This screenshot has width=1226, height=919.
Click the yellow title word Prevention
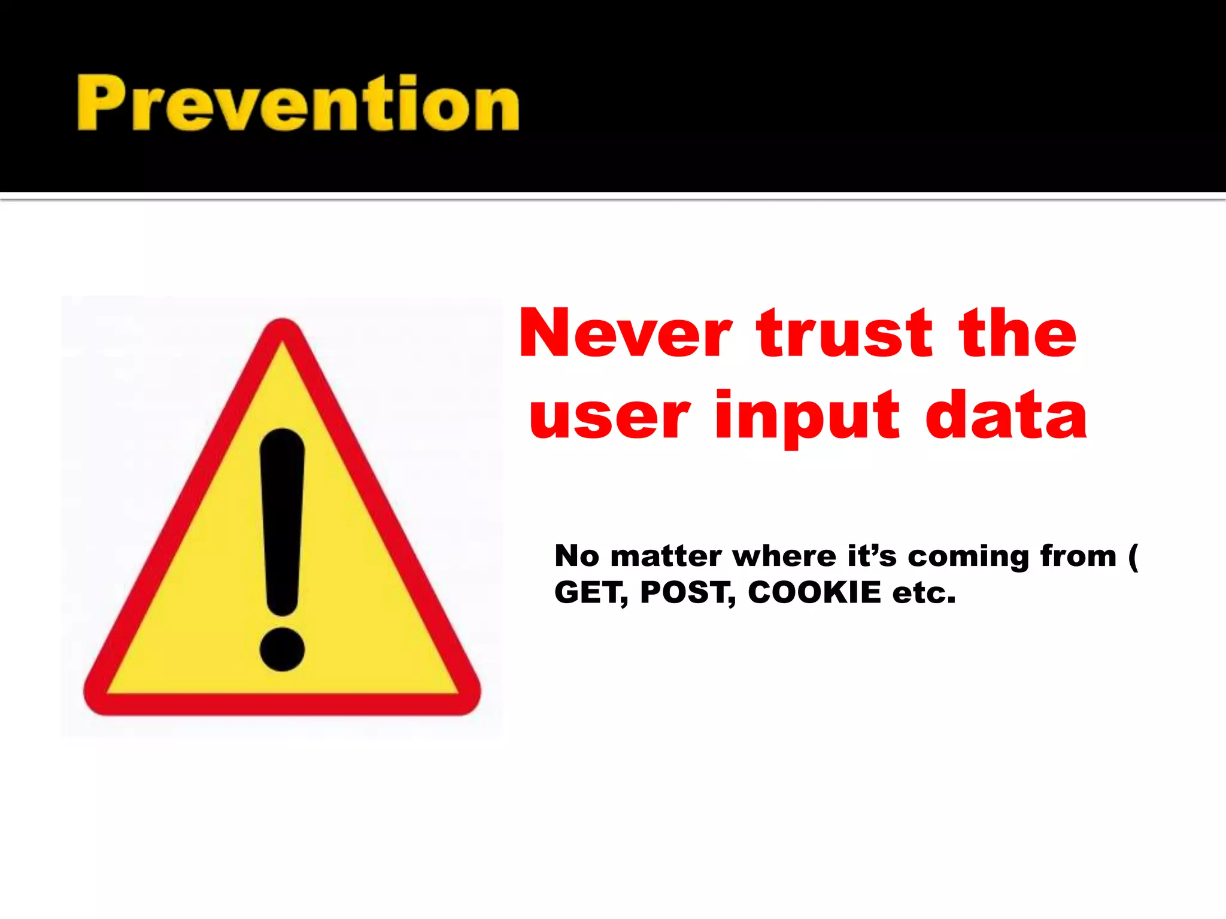pos(298,103)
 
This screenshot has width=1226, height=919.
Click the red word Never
pos(626,333)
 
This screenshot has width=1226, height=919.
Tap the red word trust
pos(845,333)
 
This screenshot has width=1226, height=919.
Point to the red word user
pos(609,416)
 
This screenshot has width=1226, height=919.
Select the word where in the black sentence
pos(784,556)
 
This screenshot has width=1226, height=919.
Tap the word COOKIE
pos(815,592)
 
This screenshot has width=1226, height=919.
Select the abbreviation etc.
pos(924,593)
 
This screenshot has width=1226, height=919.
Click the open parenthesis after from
pos(1133,556)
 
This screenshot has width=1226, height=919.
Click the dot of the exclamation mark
pos(282,649)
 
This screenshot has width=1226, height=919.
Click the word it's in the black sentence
pos(872,556)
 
